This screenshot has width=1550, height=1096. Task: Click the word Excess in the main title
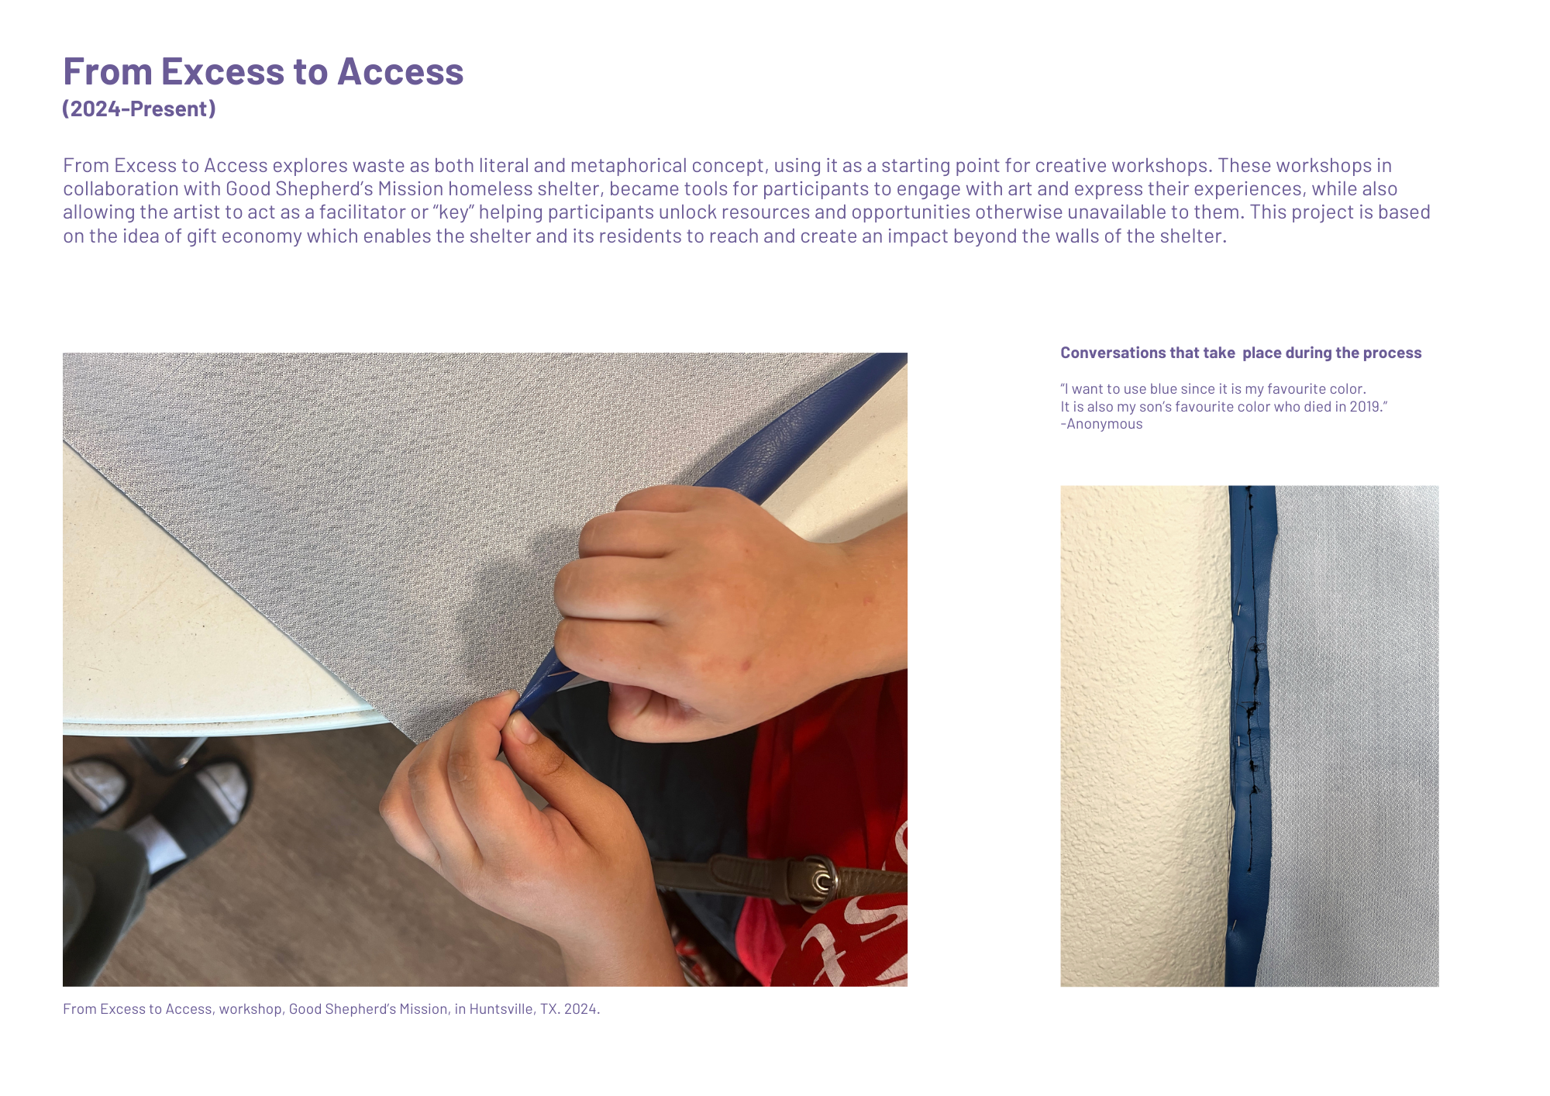pyautogui.click(x=223, y=71)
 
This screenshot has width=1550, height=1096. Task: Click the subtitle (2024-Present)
pyautogui.click(x=139, y=109)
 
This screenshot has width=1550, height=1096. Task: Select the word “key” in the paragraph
pyautogui.click(x=453, y=212)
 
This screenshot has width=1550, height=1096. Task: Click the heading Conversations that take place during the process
pyautogui.click(x=1241, y=353)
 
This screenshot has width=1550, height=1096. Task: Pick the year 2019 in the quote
pyautogui.click(x=1364, y=406)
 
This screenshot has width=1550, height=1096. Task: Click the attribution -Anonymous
pyautogui.click(x=1101, y=424)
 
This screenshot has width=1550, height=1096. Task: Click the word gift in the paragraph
pyautogui.click(x=201, y=236)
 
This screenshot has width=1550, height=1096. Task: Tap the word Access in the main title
pyautogui.click(x=400, y=71)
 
